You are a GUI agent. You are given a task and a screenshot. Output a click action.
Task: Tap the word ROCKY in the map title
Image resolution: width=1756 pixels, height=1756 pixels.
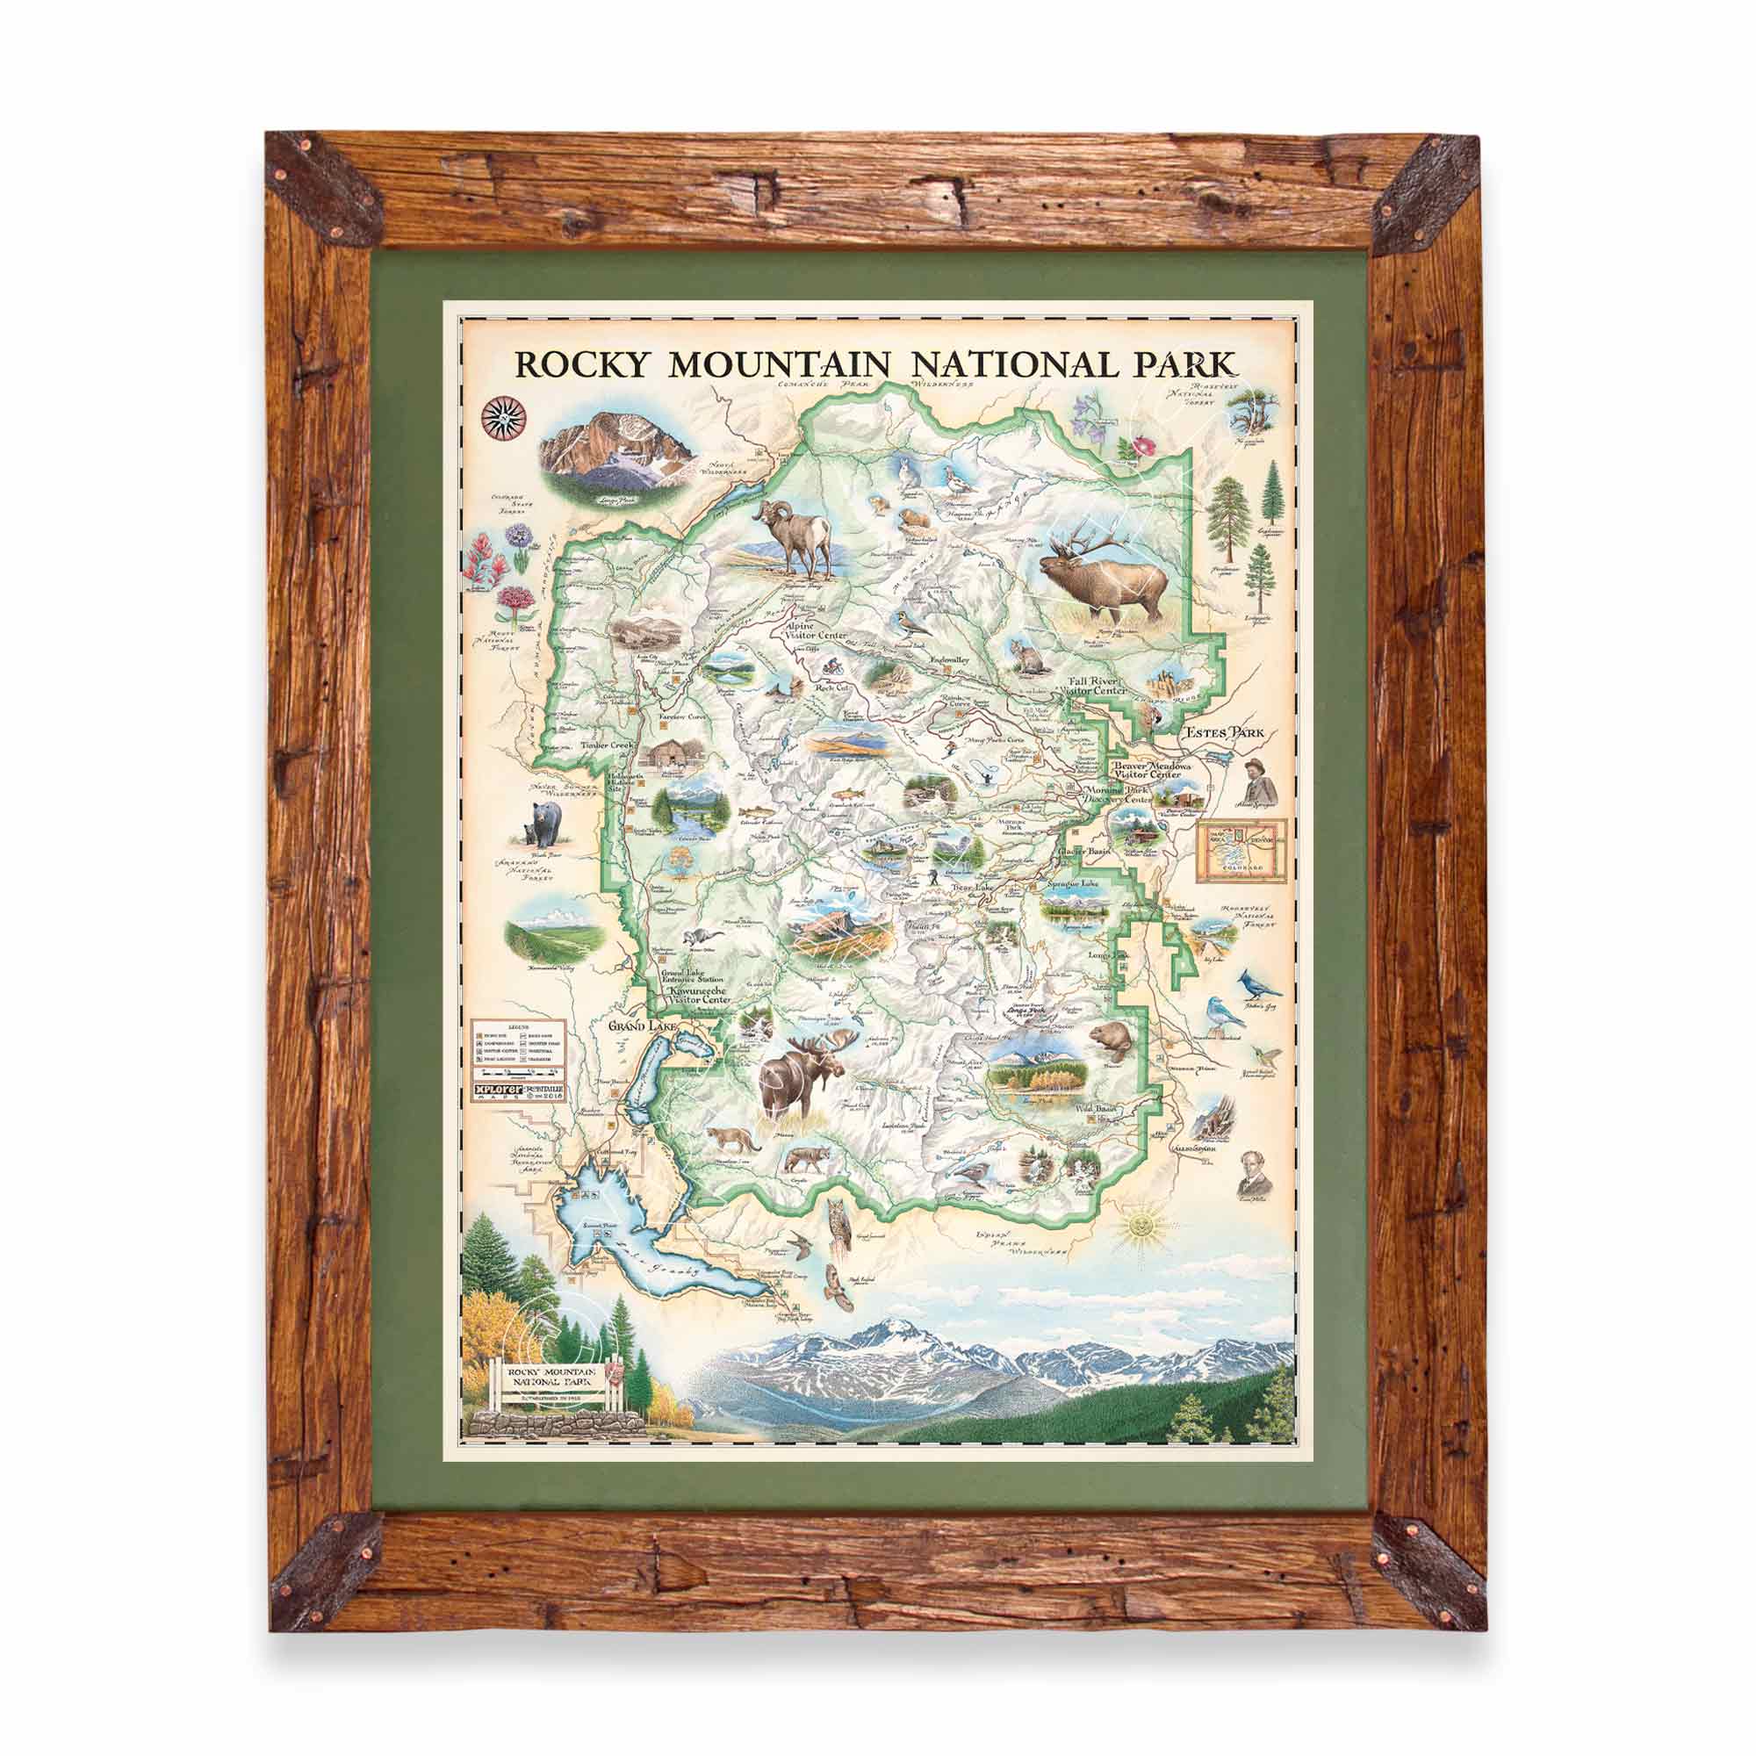click(582, 363)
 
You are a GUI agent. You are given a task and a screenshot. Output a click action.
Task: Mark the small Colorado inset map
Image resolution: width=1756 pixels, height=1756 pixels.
click(1241, 850)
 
